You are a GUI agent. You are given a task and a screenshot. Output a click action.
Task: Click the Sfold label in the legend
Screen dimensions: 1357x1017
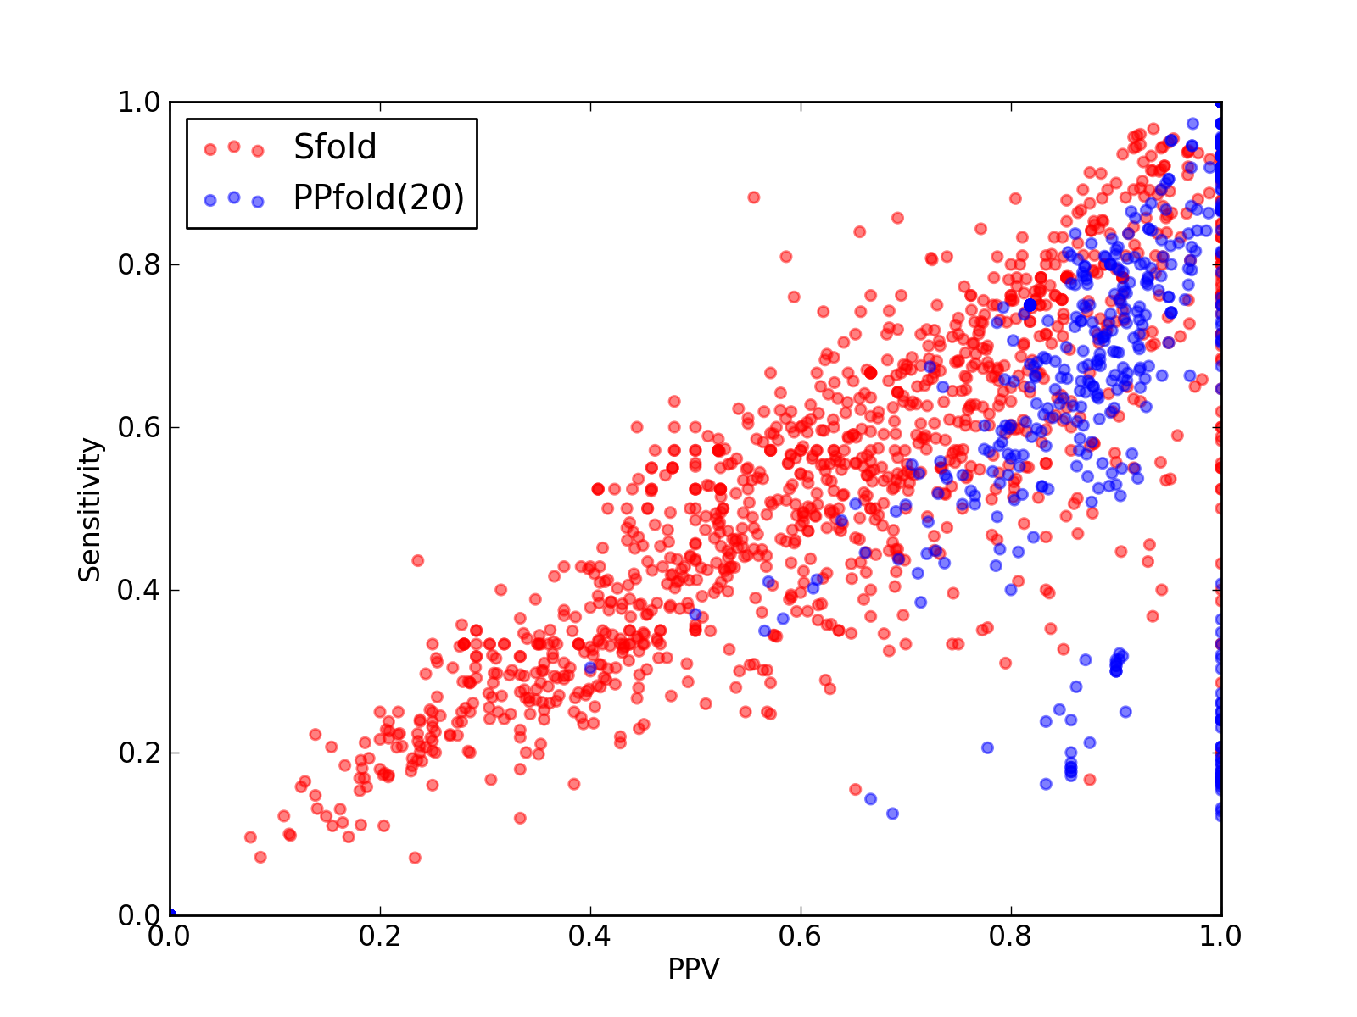click(334, 147)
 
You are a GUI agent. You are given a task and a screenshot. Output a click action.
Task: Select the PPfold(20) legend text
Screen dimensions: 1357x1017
click(378, 198)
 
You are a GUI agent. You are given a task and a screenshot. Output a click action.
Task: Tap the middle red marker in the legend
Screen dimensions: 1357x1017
click(234, 147)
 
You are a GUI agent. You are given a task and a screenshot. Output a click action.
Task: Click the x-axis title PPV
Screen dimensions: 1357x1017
click(694, 969)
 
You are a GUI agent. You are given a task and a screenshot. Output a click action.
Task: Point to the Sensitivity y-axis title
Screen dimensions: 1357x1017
click(90, 509)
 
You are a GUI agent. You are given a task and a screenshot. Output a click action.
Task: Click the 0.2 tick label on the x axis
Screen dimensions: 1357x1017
click(380, 936)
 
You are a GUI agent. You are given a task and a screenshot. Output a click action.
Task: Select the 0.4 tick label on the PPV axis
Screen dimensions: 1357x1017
click(589, 936)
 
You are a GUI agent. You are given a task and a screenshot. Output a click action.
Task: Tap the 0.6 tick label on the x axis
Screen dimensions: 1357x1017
click(800, 936)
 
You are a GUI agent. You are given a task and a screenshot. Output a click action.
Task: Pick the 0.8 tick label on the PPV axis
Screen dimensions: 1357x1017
click(1010, 936)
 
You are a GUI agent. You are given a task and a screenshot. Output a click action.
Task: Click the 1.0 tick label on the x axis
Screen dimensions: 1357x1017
click(1220, 936)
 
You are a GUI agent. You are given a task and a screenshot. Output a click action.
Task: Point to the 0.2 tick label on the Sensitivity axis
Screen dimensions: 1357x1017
click(139, 753)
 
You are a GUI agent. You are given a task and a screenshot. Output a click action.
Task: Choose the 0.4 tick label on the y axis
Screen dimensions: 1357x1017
click(139, 591)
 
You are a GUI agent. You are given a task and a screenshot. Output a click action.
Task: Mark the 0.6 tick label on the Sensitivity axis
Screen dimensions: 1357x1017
click(139, 427)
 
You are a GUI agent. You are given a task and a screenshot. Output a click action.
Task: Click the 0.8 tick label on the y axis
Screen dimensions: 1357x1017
click(139, 264)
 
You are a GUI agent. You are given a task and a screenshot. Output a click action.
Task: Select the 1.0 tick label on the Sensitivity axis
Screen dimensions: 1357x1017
click(139, 102)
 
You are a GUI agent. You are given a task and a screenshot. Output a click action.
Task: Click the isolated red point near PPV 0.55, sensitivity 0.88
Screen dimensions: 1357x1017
click(754, 197)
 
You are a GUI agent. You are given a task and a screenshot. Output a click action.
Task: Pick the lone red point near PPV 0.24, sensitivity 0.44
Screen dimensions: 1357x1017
click(418, 561)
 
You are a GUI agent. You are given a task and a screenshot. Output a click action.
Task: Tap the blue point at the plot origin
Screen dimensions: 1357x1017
click(171, 914)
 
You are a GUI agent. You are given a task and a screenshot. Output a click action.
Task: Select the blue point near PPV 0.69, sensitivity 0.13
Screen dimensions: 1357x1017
click(892, 814)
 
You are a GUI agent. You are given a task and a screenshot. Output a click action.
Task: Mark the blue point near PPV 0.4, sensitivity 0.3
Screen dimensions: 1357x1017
click(589, 668)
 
